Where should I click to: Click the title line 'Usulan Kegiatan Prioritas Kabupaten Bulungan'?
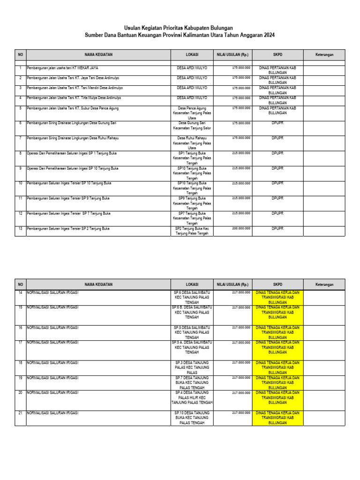click(178, 28)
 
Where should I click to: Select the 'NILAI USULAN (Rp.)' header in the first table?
click(232, 55)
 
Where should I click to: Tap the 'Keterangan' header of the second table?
click(324, 284)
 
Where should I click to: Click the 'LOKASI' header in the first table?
click(192, 55)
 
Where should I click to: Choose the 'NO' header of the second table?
click(20, 284)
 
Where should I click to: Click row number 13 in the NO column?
click(20, 228)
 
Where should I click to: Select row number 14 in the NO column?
click(20, 292)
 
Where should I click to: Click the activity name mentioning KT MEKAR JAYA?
click(62, 68)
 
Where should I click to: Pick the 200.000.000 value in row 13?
click(241, 228)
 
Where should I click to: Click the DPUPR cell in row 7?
click(277, 138)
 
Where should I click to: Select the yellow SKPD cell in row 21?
click(277, 418)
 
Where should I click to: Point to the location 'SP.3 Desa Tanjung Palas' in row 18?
click(192, 367)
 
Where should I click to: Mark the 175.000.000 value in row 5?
click(241, 108)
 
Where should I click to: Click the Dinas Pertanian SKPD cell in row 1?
click(277, 70)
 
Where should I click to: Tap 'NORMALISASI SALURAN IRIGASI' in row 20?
click(52, 392)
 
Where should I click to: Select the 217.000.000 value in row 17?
click(241, 343)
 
